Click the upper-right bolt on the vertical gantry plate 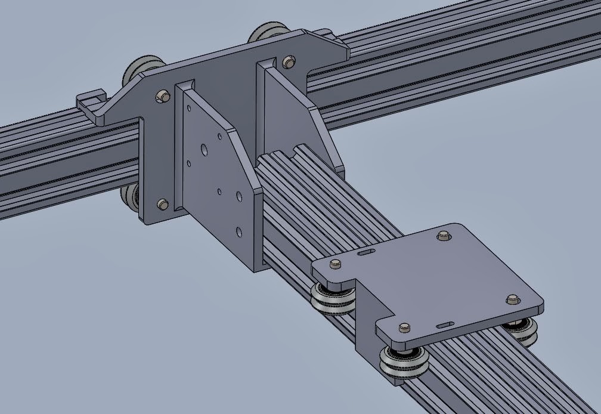pyautogui.click(x=289, y=61)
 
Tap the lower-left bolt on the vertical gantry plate pyautogui.click(x=162, y=205)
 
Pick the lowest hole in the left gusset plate pyautogui.click(x=238, y=231)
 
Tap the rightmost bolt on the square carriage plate pyautogui.click(x=512, y=299)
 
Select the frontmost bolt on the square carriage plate pyautogui.click(x=404, y=327)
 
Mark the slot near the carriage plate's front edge pyautogui.click(x=445, y=325)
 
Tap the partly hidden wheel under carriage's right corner pyautogui.click(x=523, y=332)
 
